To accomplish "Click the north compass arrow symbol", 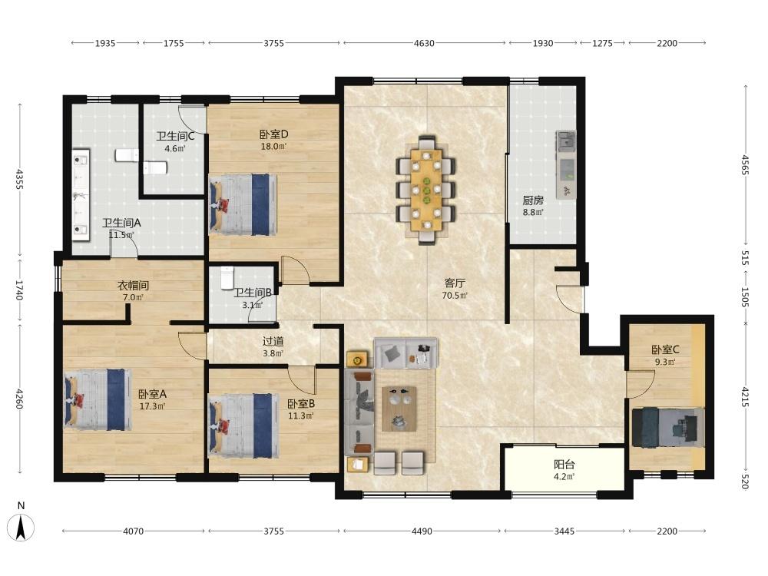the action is click(x=21, y=528).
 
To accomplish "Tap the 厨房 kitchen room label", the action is click(x=533, y=200).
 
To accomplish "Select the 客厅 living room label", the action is click(x=455, y=283).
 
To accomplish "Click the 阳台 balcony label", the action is click(x=564, y=465).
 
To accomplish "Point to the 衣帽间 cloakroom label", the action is click(x=133, y=286).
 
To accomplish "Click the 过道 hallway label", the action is click(x=273, y=342).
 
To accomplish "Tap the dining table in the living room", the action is click(x=426, y=190).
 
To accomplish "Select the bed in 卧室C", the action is click(x=668, y=427).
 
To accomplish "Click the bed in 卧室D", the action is click(x=243, y=204).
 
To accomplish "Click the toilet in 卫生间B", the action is click(x=227, y=277).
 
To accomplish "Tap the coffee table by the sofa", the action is click(x=399, y=409).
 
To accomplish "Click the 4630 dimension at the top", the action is click(x=424, y=43).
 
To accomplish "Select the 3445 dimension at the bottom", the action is click(x=564, y=531).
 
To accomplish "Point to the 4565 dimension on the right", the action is click(x=744, y=164).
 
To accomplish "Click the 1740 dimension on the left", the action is click(x=20, y=290).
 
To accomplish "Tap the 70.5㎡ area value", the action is click(x=455, y=296).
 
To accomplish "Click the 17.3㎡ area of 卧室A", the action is click(x=152, y=406).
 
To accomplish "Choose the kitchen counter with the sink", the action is click(x=566, y=164).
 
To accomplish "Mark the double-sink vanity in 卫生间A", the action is click(x=81, y=194).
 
